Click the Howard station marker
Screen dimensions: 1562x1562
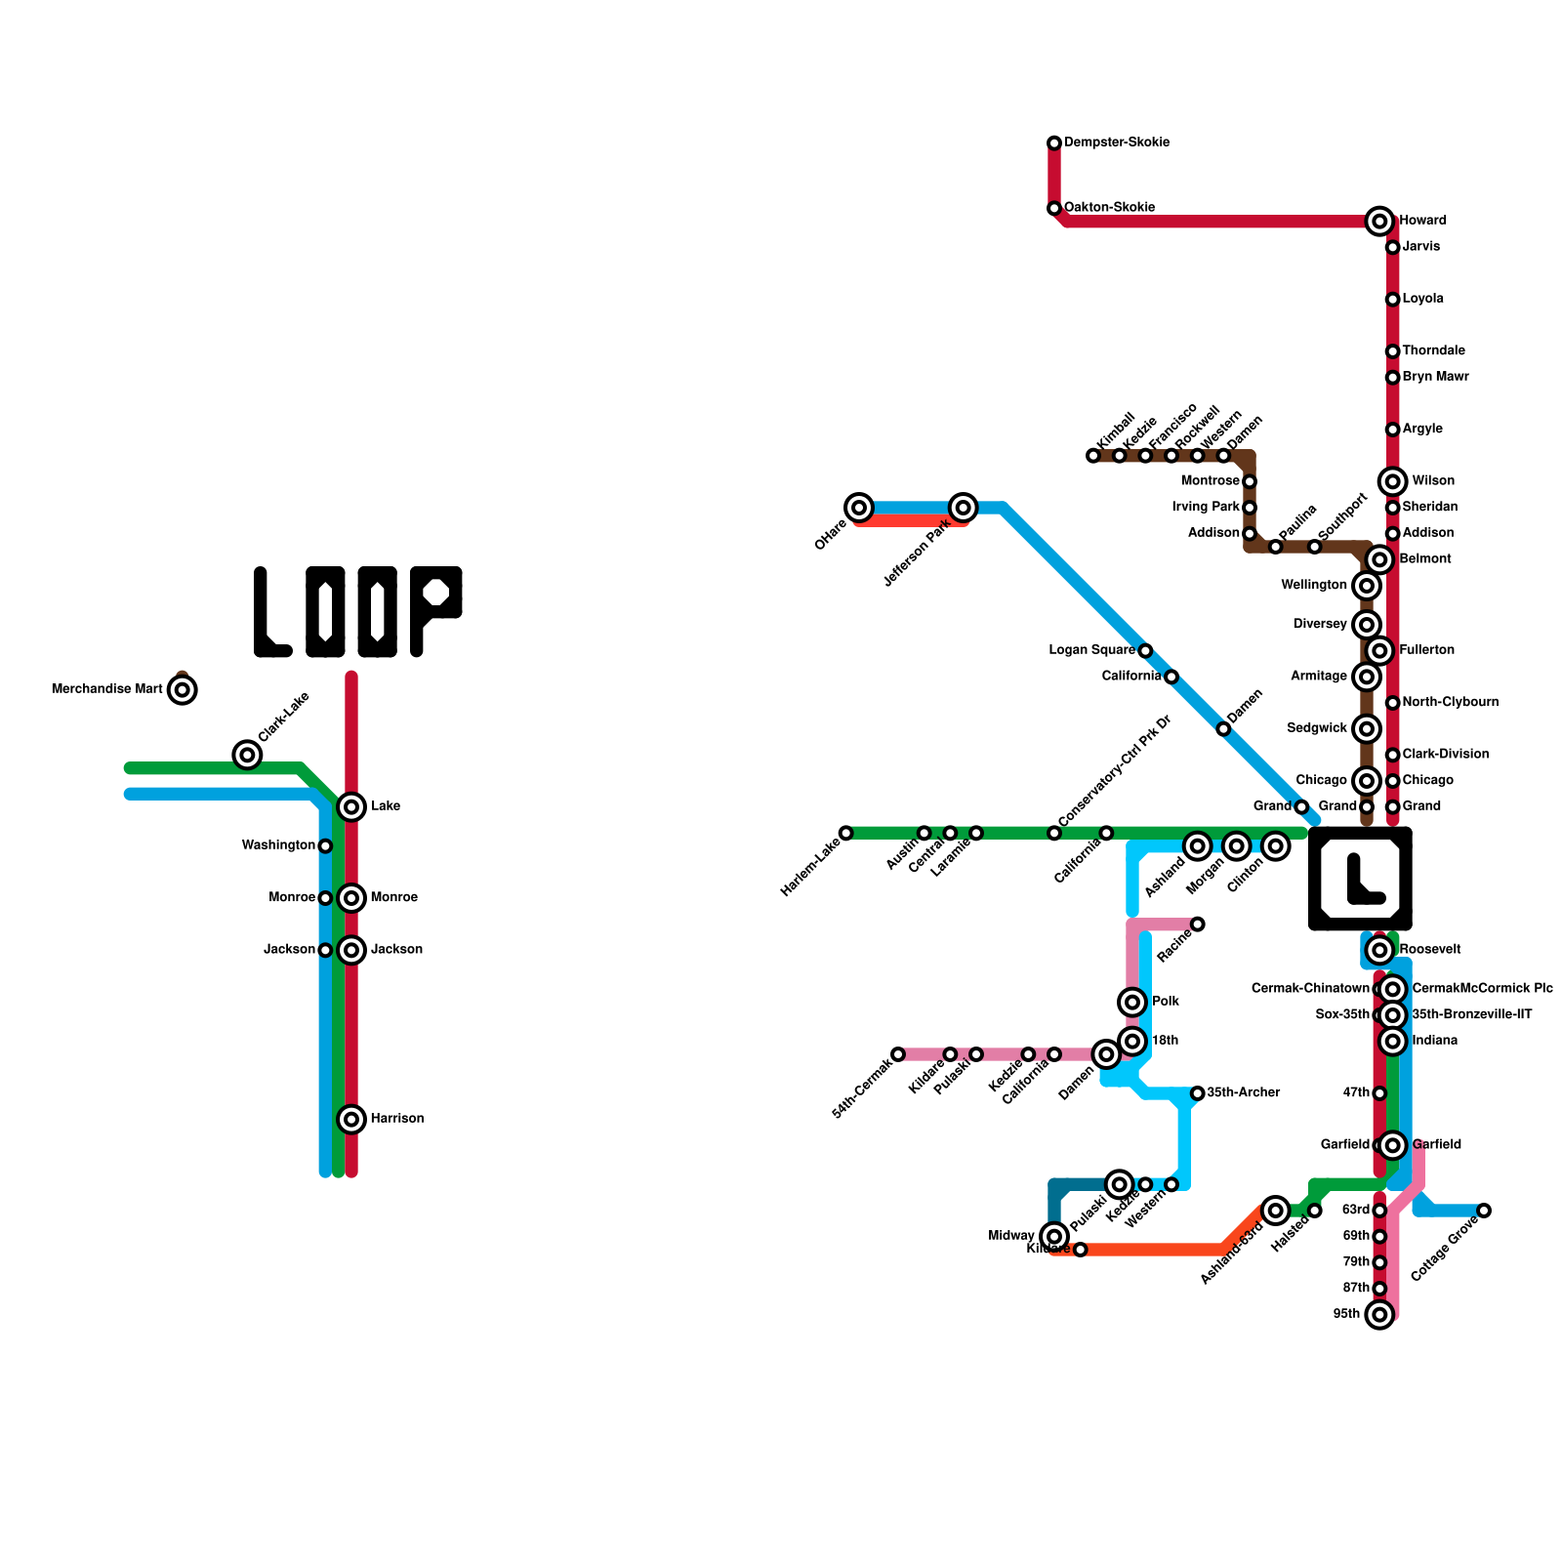pos(1378,222)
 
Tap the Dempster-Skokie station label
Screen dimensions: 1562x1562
pos(1117,143)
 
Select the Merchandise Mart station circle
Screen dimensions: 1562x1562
pos(183,690)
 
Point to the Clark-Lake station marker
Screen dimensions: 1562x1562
pos(248,755)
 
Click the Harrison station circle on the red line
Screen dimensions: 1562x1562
pos(351,1119)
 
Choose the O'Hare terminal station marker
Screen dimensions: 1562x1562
pos(859,508)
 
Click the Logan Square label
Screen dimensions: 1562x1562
pos(1091,650)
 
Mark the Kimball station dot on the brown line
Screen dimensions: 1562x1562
pos(1093,456)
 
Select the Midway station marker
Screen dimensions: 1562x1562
pos(1054,1236)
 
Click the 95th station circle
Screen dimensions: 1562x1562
pos(1379,1315)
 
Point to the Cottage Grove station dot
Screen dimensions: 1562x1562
pos(1484,1211)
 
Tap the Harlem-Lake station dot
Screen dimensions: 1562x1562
pos(846,833)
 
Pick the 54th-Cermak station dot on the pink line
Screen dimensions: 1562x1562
pos(898,1054)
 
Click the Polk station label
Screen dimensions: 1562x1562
pos(1166,1002)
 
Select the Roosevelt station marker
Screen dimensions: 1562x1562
pos(1379,950)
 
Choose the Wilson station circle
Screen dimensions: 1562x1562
pos(1393,481)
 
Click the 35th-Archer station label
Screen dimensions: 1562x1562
pos(1243,1092)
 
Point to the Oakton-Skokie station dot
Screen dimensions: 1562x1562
pos(1054,209)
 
